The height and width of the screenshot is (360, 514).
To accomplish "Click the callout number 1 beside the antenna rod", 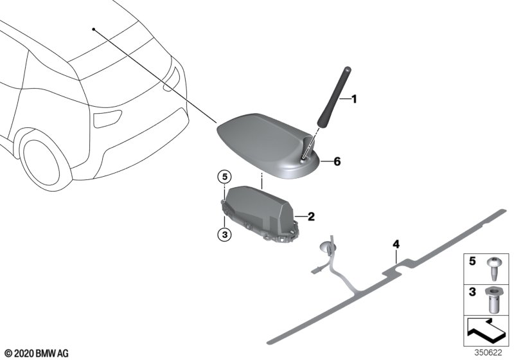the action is (354, 99).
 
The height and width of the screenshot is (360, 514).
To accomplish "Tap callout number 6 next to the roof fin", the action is (337, 161).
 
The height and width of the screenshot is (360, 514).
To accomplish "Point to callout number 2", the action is (311, 217).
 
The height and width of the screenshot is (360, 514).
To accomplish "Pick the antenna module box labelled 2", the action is (259, 214).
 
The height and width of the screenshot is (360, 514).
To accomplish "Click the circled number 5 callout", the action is (224, 177).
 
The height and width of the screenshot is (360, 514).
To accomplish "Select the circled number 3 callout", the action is (224, 235).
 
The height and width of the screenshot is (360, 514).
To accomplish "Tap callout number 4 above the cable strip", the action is (396, 244).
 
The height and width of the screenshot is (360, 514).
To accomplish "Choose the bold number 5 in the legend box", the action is (472, 261).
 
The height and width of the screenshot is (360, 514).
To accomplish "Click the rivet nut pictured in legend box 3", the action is (493, 300).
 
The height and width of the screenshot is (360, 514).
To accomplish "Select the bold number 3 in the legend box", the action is (472, 291).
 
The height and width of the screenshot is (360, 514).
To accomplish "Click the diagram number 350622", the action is (488, 353).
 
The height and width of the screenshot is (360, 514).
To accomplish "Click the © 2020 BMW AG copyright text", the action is (37, 353).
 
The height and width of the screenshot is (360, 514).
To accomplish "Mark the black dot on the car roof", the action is (93, 29).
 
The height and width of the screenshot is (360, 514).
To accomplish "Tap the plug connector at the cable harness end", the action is (315, 271).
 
